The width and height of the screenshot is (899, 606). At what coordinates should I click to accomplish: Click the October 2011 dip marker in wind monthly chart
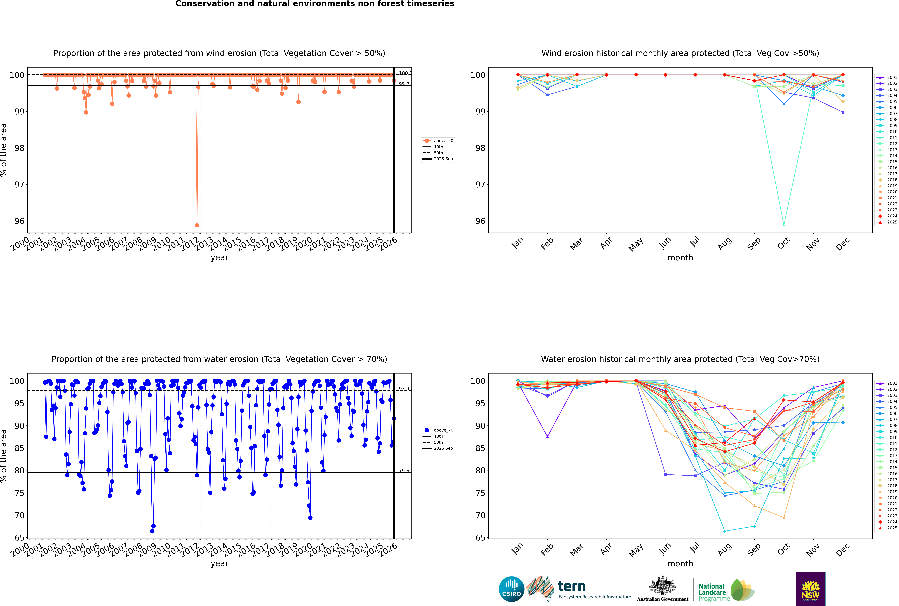coord(784,225)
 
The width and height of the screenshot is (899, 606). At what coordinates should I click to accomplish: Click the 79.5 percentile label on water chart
coord(404,471)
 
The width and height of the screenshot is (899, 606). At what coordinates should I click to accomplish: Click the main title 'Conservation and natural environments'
coord(315,4)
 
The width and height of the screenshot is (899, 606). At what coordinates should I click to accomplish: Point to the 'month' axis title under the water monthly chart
coord(680,564)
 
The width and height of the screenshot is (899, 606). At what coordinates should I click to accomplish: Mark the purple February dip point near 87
coord(547,437)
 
